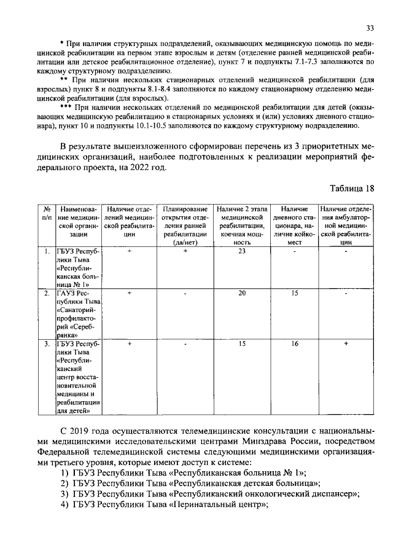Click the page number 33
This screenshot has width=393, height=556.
coord(370,28)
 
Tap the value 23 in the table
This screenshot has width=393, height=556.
coord(242,251)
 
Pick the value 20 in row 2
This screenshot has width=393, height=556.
coord(242,294)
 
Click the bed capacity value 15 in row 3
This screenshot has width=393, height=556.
coord(242,344)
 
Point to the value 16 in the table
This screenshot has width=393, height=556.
coord(294,344)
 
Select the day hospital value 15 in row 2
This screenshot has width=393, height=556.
coord(294,294)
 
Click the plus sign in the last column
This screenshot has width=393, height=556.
coord(346,344)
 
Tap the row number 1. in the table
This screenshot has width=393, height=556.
coord(46,251)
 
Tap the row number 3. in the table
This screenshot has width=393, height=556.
coord(46,344)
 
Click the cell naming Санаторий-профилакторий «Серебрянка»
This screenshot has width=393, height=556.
coord(77,314)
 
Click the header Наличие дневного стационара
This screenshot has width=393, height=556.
coord(294,225)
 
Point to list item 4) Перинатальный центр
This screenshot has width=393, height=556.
coord(166,505)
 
